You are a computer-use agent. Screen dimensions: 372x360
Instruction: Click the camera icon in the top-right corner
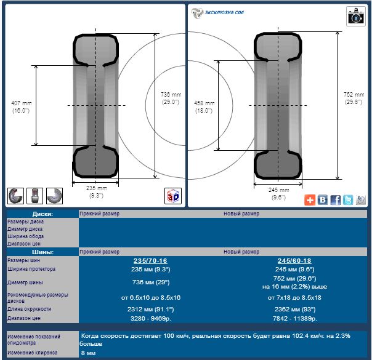coord(355,16)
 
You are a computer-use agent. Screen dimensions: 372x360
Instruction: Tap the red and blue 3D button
coord(173,196)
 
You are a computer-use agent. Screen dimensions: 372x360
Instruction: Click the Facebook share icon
coord(335,200)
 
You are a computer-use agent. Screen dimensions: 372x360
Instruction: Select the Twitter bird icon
coord(348,200)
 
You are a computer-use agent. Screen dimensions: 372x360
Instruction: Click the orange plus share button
coord(310,200)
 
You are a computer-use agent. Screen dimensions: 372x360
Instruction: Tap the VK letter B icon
coord(323,200)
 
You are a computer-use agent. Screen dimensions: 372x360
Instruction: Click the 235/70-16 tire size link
coord(150,261)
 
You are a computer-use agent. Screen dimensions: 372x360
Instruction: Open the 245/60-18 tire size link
coord(294,261)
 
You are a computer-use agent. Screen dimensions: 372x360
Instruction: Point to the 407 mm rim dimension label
coord(21,107)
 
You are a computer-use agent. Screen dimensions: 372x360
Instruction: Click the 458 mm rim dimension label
coord(204,107)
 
